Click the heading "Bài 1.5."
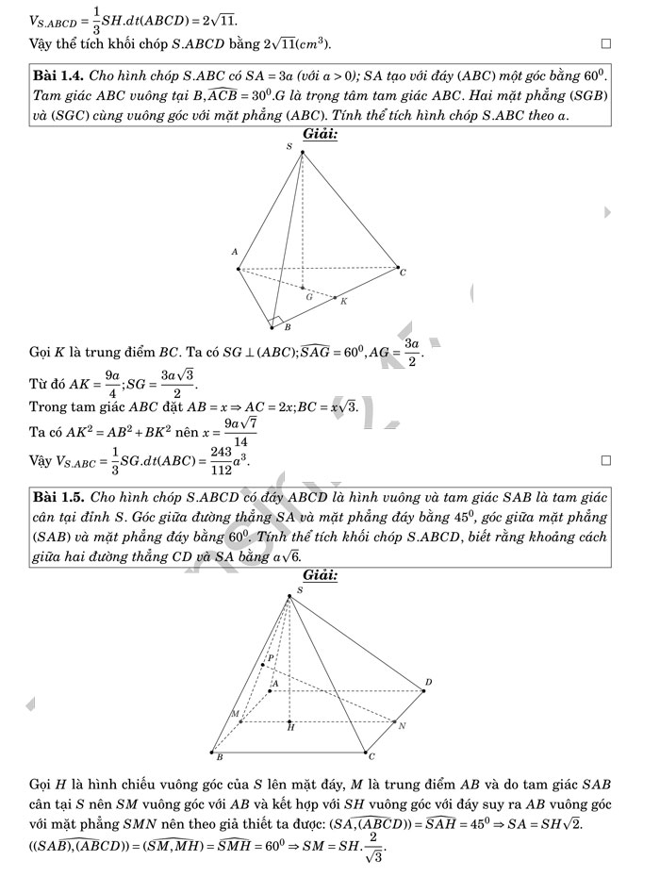[x=58, y=496]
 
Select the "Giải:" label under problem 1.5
[x=321, y=575]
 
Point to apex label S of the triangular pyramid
[x=289, y=147]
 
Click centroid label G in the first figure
[x=308, y=295]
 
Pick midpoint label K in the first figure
[x=343, y=302]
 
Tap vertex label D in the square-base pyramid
[x=428, y=682]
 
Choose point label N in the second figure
[x=402, y=726]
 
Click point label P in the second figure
[x=272, y=658]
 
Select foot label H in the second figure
[x=290, y=729]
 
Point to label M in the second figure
[x=235, y=714]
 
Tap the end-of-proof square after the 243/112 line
[x=606, y=460]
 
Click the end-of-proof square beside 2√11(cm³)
[x=606, y=43]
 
